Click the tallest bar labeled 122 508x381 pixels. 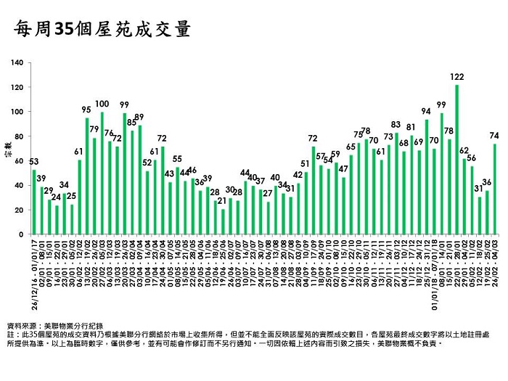pyautogui.click(x=457, y=160)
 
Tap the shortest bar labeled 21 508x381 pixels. pyautogui.click(x=224, y=221)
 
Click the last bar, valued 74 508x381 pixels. pyautogui.click(x=495, y=189)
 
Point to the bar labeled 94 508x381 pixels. pyautogui.click(x=427, y=177)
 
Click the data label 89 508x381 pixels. pyautogui.click(x=139, y=117)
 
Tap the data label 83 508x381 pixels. pyautogui.click(x=396, y=124)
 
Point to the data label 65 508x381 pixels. pyautogui.click(x=351, y=147)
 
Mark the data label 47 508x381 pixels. pyautogui.click(x=343, y=168)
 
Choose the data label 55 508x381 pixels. pyautogui.click(x=177, y=159)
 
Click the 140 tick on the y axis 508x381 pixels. pyautogui.click(x=18, y=63)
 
